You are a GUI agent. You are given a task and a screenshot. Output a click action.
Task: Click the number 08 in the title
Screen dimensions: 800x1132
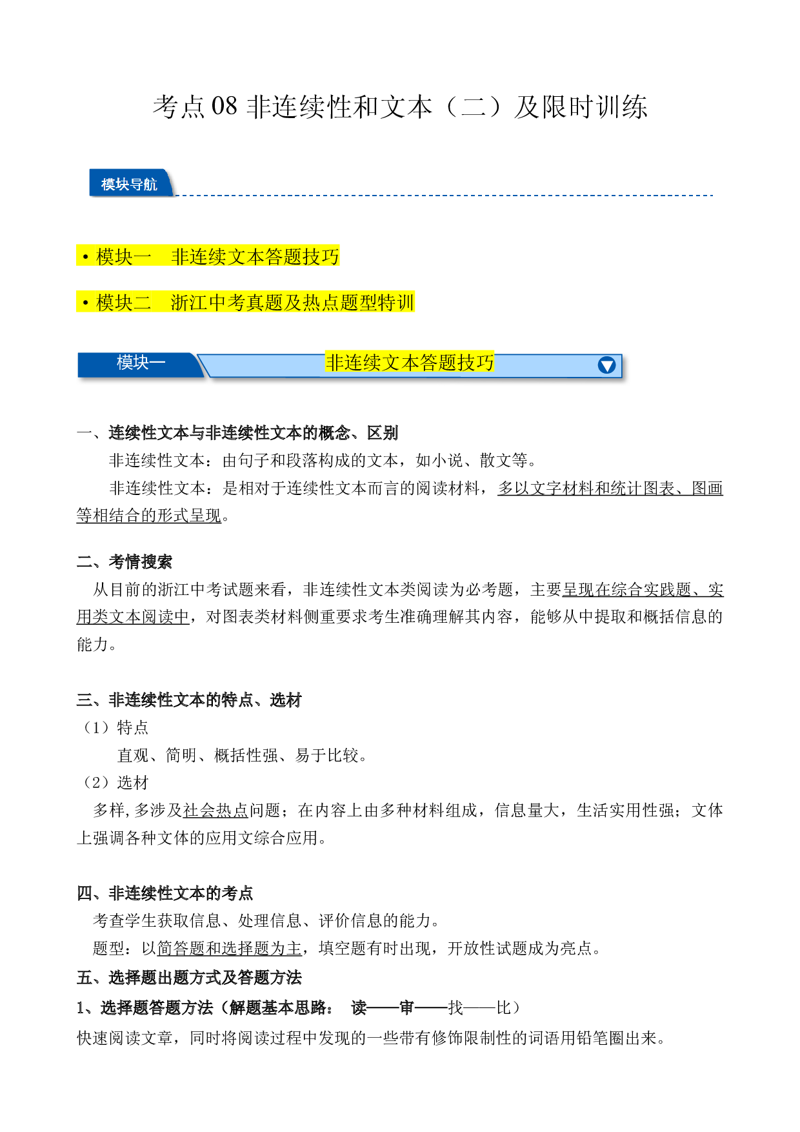225,106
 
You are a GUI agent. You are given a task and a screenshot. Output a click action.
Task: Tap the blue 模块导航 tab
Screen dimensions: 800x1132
130,183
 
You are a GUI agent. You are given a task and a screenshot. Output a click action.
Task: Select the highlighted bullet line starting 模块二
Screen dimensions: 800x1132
245,302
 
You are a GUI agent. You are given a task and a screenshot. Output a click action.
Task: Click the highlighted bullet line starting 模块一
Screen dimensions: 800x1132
208,256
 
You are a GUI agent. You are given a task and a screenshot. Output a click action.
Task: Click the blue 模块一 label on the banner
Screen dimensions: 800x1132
141,363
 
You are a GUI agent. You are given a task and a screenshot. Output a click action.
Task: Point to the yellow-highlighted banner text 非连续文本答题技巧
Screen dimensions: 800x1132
410,363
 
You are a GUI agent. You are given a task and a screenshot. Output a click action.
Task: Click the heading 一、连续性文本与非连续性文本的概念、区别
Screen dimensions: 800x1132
237,433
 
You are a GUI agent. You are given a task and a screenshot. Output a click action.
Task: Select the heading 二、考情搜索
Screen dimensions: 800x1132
125,562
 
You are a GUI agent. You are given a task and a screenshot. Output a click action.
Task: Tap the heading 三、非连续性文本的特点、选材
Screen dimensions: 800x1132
189,700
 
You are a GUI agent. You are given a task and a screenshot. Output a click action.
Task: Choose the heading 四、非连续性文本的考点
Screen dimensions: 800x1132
165,894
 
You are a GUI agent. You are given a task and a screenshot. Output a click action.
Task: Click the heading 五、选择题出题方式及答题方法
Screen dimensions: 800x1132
189,978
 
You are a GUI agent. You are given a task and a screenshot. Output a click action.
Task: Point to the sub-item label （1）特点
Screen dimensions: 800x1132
114,728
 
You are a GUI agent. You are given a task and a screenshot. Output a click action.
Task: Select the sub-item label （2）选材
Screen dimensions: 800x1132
114,783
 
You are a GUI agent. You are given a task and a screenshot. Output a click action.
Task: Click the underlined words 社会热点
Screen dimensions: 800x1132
216,811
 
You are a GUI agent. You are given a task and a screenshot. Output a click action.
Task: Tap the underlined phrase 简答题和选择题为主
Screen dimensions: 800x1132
230,949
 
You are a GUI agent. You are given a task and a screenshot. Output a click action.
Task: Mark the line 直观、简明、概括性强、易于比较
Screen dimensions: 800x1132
242,756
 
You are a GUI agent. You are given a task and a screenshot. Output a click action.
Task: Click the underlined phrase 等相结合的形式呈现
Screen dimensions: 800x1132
149,516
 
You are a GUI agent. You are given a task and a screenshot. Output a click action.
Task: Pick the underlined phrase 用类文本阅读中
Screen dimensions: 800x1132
133,617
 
